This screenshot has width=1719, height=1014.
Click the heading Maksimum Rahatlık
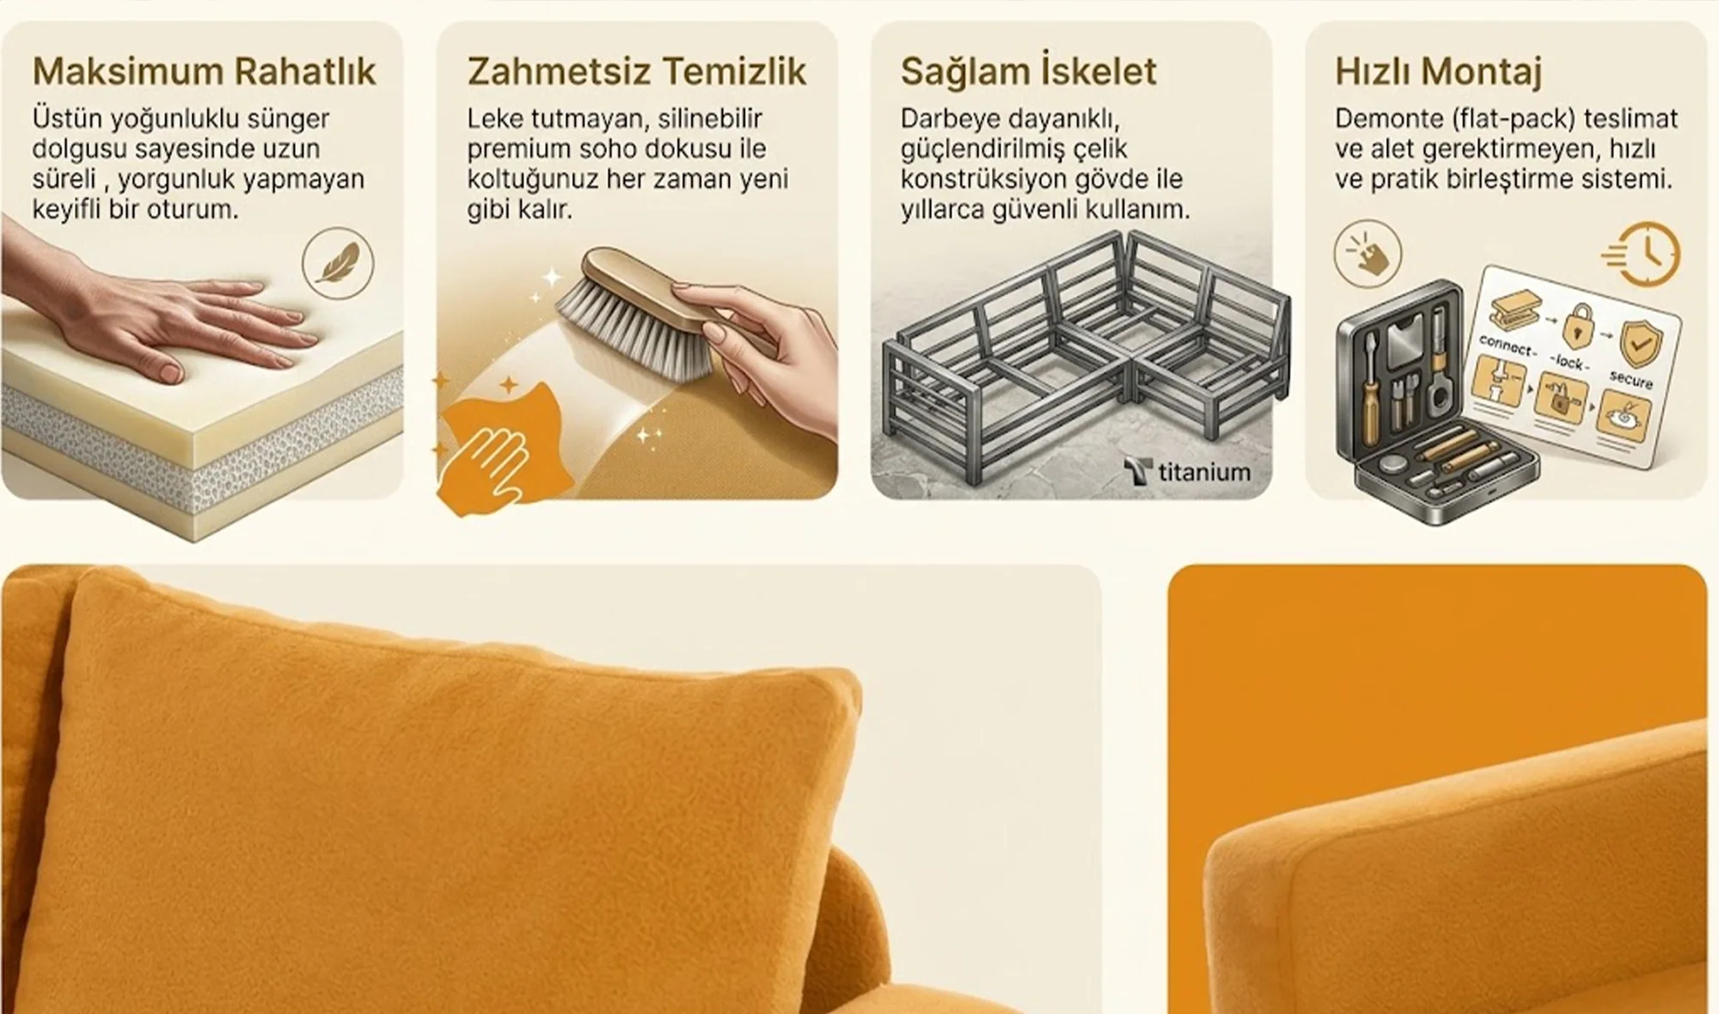205,72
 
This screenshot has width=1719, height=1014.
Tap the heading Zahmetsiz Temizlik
637,72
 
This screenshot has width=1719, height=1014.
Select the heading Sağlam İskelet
1029,71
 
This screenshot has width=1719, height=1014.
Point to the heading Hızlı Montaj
1438,72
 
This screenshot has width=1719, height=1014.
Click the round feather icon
339,262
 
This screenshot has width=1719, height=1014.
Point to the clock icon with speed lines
1642,253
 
